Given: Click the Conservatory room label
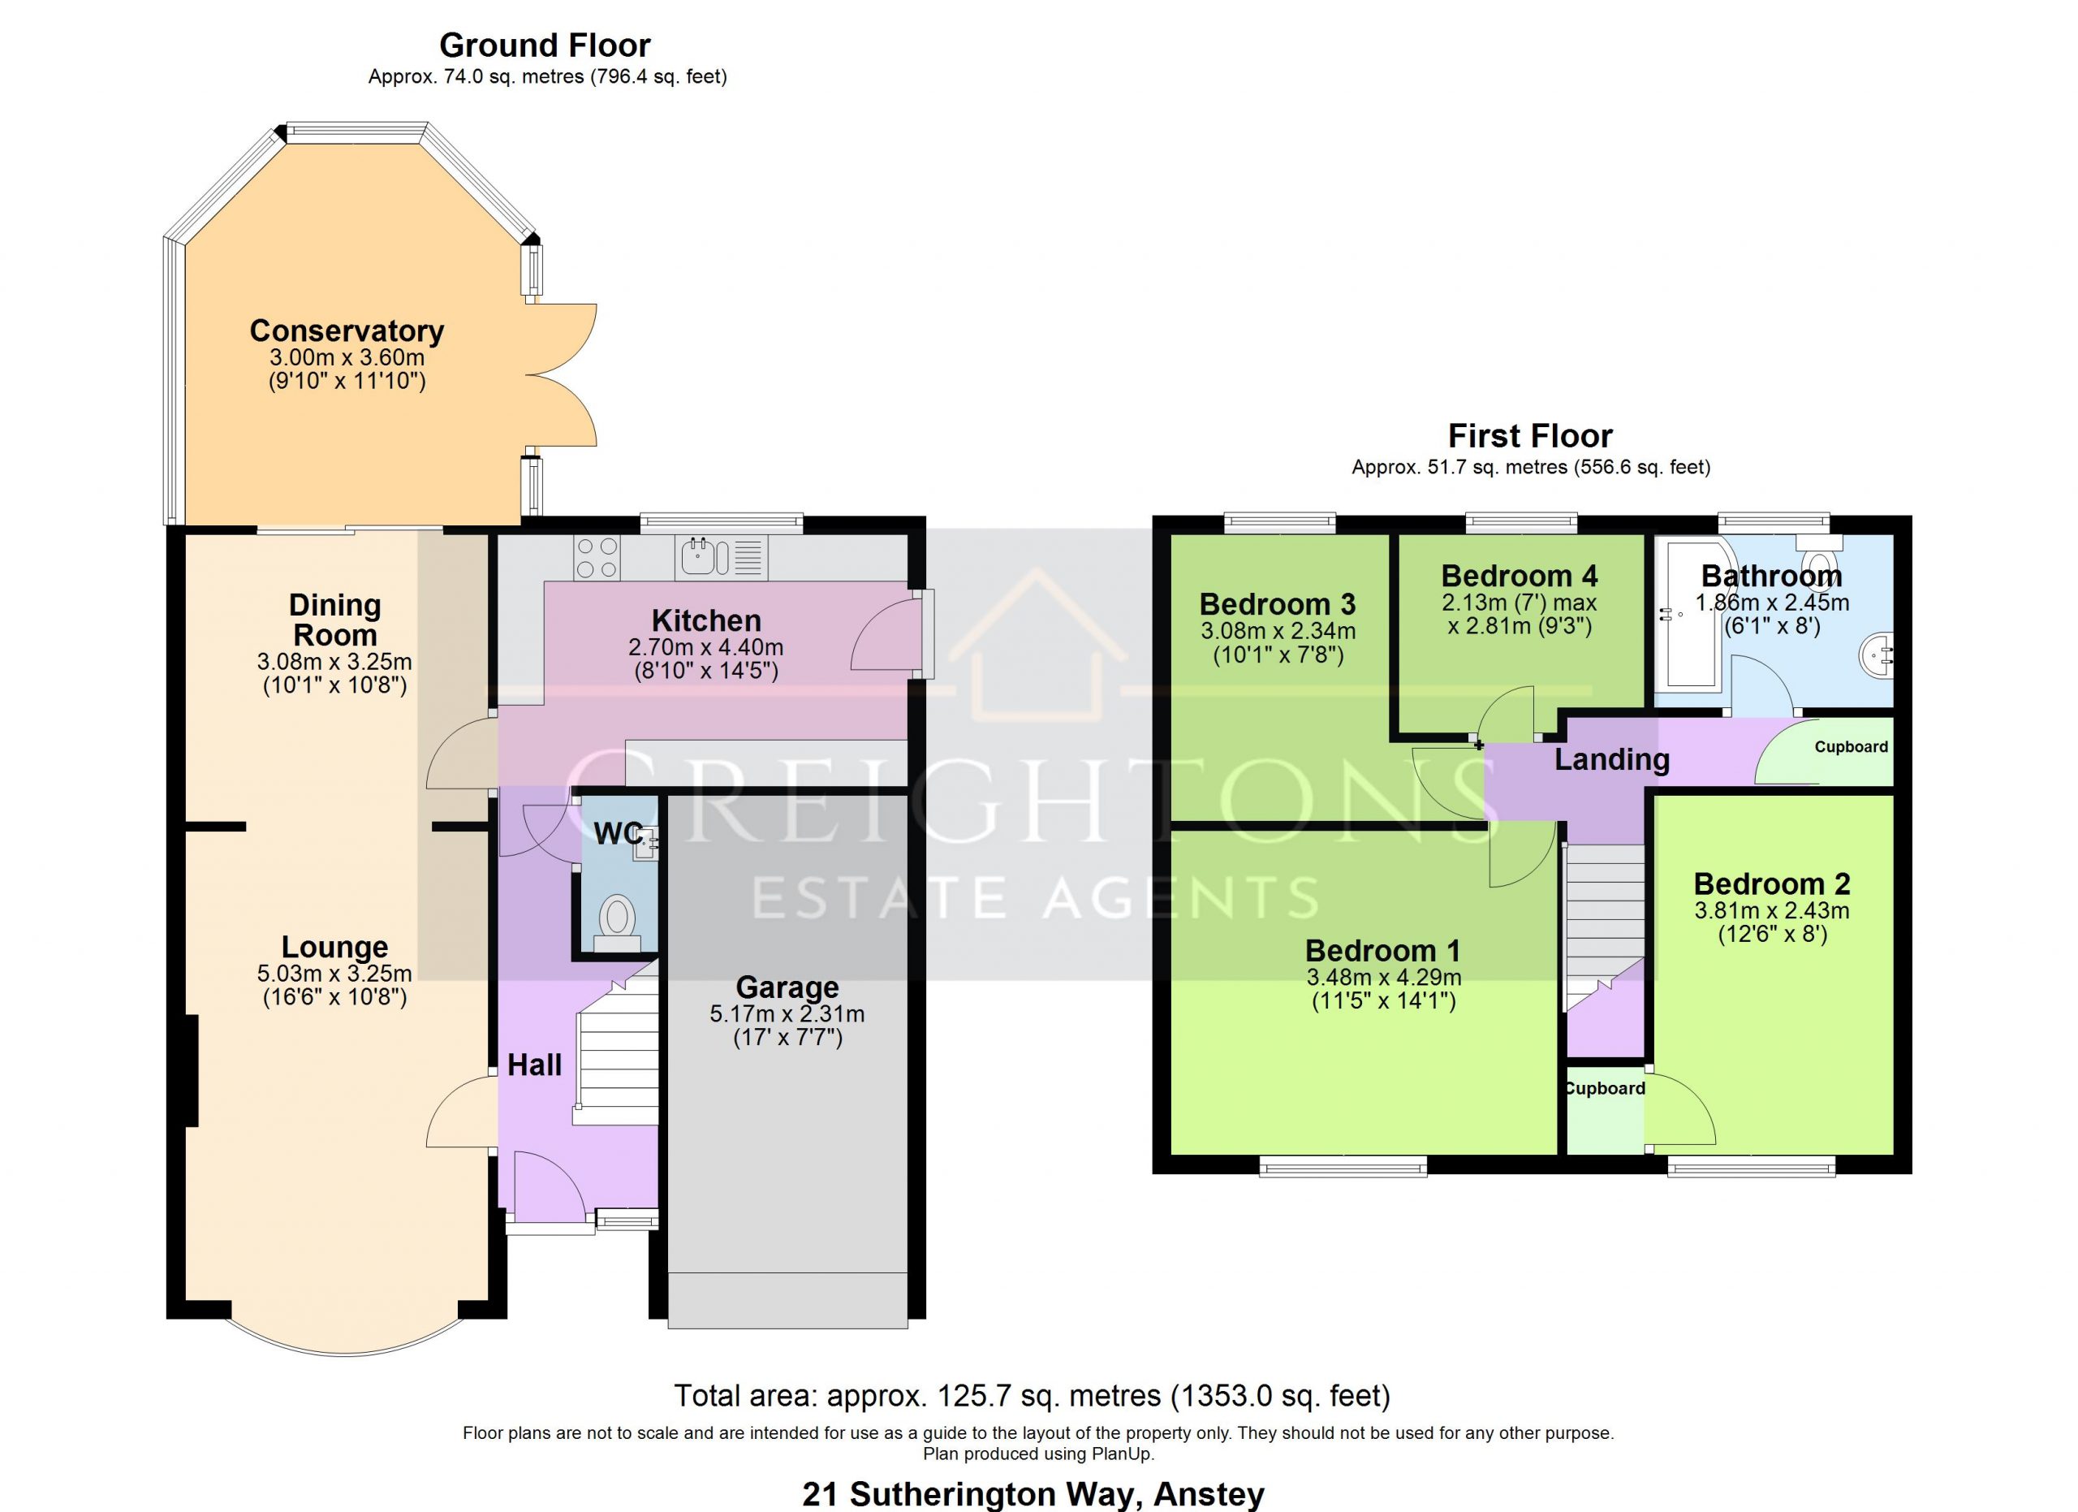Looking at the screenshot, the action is pyautogui.click(x=347, y=330).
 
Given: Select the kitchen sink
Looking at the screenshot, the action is pyautogui.click(x=721, y=556).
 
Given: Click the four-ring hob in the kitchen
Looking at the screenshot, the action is pyautogui.click(x=597, y=557).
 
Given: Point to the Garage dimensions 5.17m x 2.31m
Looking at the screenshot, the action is pyautogui.click(x=787, y=1014).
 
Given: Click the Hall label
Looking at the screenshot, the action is pyautogui.click(x=535, y=1065).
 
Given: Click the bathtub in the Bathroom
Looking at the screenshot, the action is pyautogui.click(x=1693, y=612).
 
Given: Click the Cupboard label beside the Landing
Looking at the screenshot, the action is pyautogui.click(x=1851, y=747).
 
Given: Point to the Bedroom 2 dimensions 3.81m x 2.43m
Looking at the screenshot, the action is pyautogui.click(x=1772, y=912).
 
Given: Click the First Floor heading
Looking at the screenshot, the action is pyautogui.click(x=1530, y=435).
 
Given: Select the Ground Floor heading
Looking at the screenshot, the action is pyautogui.click(x=545, y=45).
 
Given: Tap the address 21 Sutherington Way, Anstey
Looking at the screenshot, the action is pyautogui.click(x=1033, y=1495).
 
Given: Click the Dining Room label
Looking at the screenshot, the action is pyautogui.click(x=334, y=620).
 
